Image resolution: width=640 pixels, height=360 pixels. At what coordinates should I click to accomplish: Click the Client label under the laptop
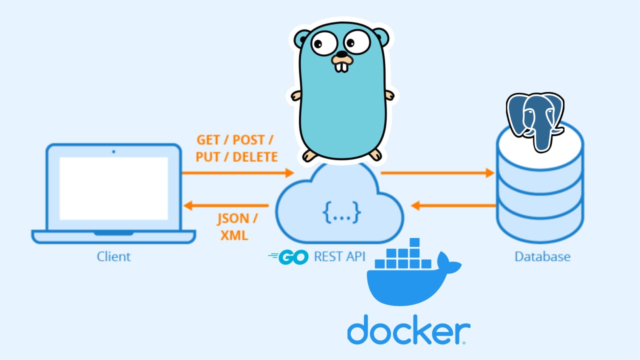(113, 257)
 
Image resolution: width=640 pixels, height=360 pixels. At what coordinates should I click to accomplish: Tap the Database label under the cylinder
(542, 257)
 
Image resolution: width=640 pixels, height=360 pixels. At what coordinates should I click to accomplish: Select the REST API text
(339, 257)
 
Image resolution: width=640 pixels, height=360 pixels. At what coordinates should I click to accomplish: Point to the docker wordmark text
(408, 329)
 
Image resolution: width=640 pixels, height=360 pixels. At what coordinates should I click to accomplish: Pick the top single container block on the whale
(414, 242)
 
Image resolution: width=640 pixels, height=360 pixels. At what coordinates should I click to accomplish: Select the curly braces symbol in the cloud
(342, 213)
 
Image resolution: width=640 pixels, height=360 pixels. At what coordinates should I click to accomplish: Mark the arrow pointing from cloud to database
(437, 173)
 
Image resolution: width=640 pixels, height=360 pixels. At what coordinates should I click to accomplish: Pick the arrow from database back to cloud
(453, 205)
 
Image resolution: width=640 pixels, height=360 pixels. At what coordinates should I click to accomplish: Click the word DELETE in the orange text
(255, 157)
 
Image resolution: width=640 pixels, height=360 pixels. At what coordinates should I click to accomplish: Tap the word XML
(234, 235)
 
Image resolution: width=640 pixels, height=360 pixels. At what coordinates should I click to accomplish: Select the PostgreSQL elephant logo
(534, 120)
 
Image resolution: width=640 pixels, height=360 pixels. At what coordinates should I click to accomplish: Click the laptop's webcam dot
(113, 151)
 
